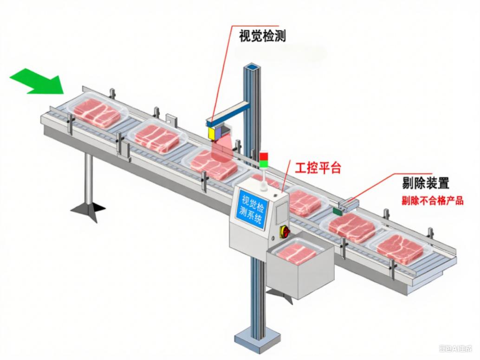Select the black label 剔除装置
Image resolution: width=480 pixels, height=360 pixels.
click(425, 182)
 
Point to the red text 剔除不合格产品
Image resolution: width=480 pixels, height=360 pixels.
click(432, 201)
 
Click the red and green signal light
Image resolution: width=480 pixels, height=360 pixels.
click(264, 159)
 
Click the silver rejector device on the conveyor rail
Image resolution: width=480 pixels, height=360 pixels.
click(349, 202)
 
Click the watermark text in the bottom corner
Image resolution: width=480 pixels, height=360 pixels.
click(455, 348)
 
